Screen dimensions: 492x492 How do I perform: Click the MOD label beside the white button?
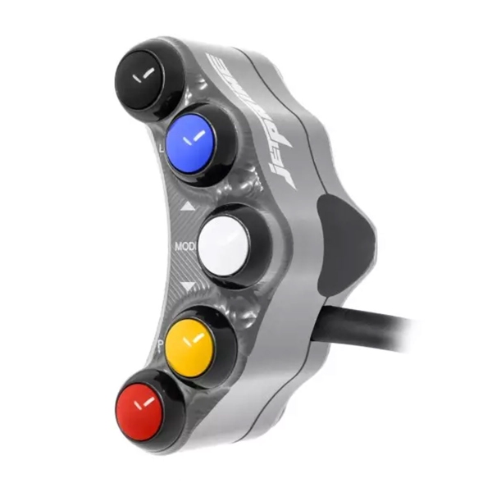pos(184,245)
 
